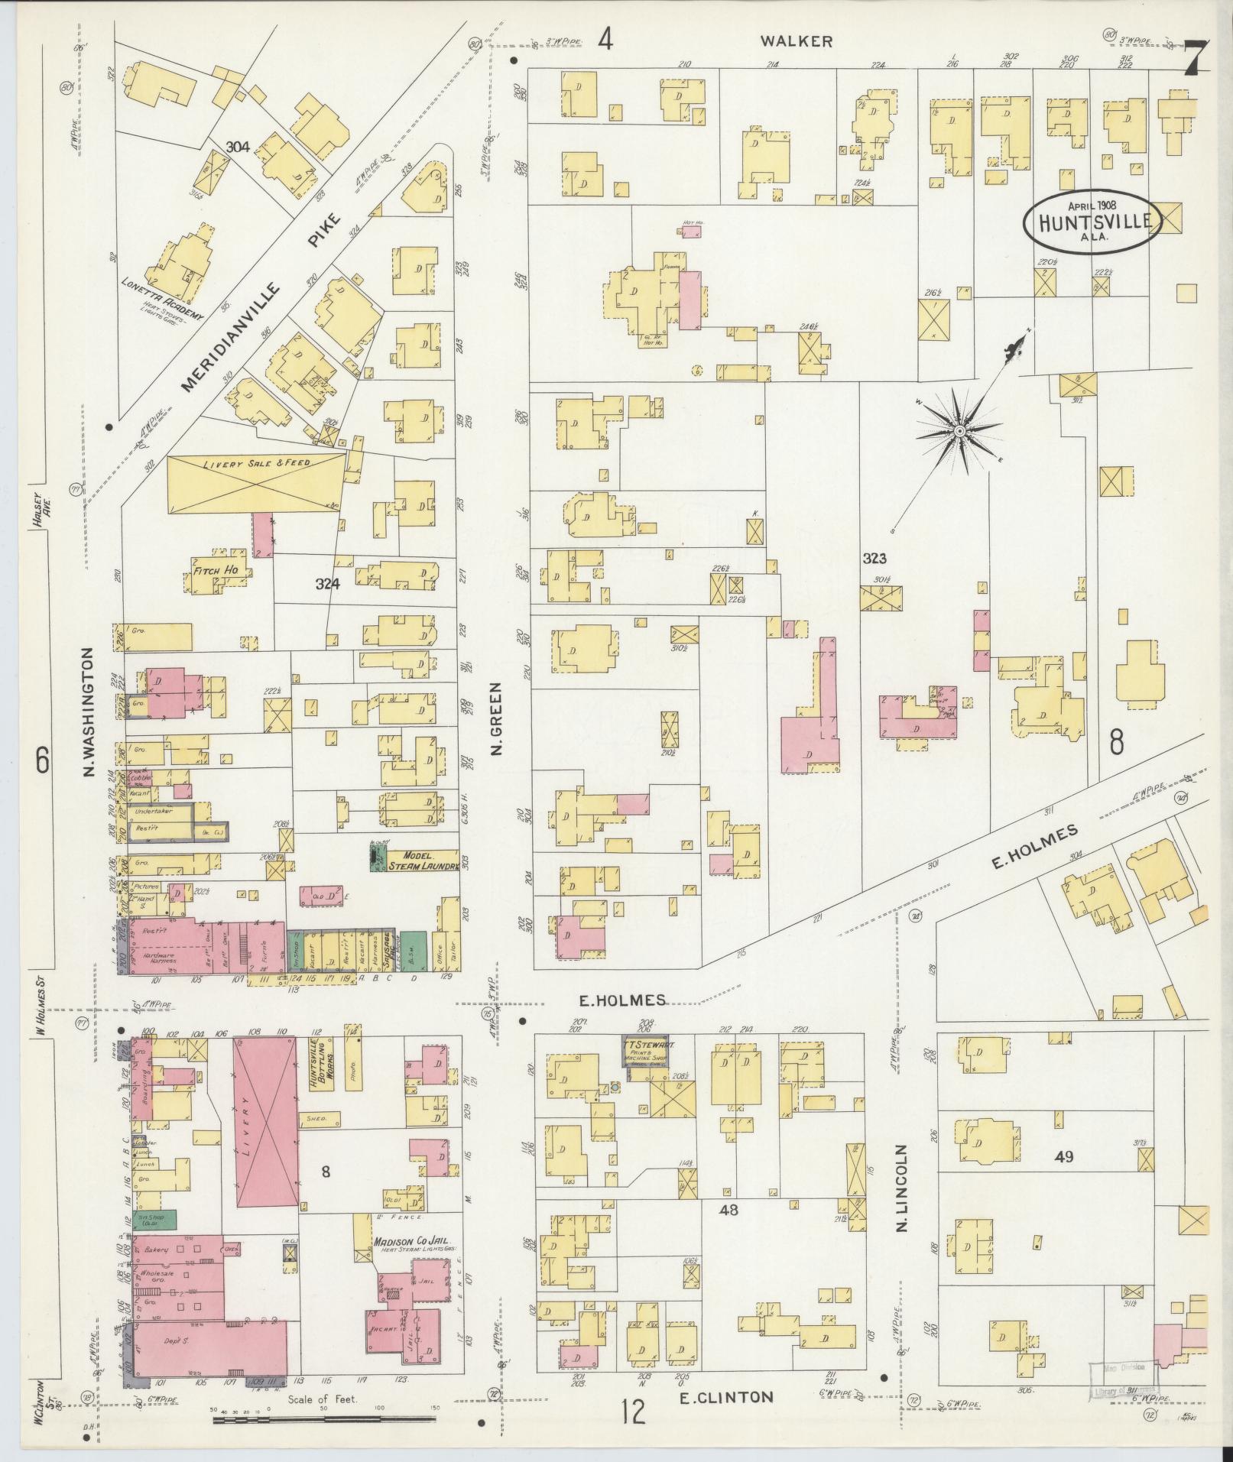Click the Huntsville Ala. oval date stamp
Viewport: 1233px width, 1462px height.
tap(1091, 221)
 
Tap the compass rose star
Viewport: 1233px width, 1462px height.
tap(958, 432)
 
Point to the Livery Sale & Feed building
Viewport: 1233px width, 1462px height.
tap(255, 483)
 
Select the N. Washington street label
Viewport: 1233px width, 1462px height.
tap(87, 712)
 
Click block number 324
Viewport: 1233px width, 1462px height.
tap(326, 585)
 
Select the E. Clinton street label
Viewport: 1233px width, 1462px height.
tap(726, 1397)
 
